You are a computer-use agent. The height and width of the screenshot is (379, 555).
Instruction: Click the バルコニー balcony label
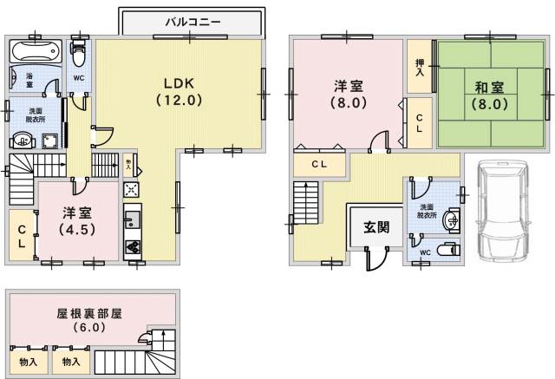(x=193, y=23)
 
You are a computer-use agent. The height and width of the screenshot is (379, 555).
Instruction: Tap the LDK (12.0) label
(x=180, y=92)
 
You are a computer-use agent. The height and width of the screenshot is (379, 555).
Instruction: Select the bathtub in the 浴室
(x=35, y=51)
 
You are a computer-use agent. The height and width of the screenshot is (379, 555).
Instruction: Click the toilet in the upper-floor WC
(x=78, y=53)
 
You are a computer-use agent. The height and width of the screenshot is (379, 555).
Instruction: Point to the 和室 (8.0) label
(x=489, y=95)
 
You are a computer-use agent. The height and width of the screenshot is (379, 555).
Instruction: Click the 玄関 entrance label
(x=376, y=227)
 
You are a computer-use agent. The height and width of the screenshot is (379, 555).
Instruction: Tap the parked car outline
(x=502, y=211)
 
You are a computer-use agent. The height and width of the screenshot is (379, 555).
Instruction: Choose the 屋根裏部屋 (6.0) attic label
(x=89, y=320)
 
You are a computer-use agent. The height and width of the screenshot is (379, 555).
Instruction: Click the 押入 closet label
(x=420, y=68)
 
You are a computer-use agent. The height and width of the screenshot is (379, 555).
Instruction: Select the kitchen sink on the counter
(x=133, y=220)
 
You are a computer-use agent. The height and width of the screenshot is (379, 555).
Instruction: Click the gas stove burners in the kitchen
(x=133, y=247)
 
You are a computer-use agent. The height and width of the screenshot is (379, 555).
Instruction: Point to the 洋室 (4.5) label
(x=77, y=221)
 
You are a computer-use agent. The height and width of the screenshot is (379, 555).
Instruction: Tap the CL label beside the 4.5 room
(x=22, y=237)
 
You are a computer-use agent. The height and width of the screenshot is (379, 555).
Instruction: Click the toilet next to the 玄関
(x=448, y=250)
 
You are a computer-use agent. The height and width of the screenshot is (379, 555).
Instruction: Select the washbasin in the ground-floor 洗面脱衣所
(x=452, y=220)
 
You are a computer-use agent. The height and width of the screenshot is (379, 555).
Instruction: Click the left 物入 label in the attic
(x=29, y=362)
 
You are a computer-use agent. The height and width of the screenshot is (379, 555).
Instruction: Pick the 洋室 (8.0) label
(x=349, y=95)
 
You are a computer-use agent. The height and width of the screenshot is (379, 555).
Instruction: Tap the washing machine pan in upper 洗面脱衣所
(x=50, y=140)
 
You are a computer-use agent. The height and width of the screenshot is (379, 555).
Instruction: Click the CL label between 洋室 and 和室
(x=420, y=123)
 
